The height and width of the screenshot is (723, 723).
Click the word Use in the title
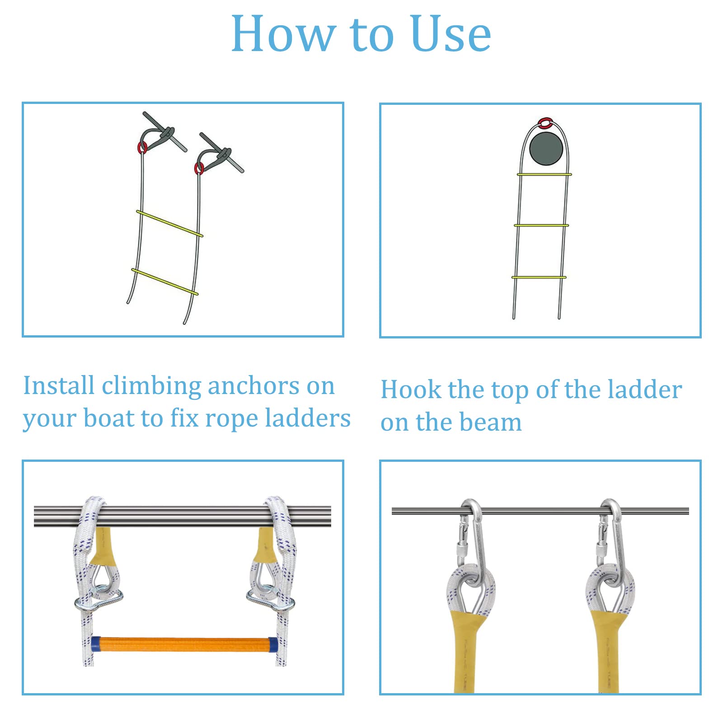tap(451, 34)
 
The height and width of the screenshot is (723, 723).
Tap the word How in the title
tap(283, 34)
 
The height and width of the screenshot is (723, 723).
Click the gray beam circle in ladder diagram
tap(546, 149)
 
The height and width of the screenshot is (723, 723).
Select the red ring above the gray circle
tap(545, 122)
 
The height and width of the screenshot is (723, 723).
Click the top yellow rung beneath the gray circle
tap(544, 174)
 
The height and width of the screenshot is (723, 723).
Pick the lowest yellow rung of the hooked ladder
tap(539, 277)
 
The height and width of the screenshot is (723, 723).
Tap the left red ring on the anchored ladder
tap(142, 147)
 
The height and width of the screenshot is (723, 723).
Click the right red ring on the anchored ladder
tap(199, 169)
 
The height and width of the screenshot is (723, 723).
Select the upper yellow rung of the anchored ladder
tap(169, 223)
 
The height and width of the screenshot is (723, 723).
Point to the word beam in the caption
tap(491, 423)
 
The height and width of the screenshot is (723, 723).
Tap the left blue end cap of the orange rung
tap(96, 644)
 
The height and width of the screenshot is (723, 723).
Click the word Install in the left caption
tap(59, 386)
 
